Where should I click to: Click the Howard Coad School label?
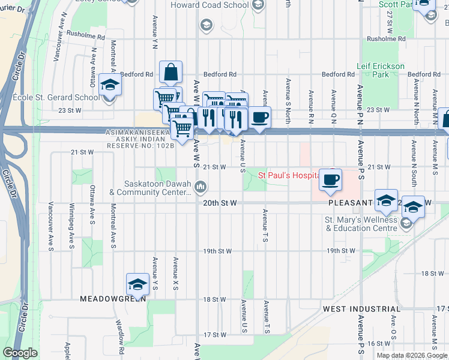point(209,5)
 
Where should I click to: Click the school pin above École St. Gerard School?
point(110,85)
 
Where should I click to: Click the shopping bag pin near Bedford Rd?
point(170,73)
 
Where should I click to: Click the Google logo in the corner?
point(20,353)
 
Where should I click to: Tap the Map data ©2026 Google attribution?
point(412,355)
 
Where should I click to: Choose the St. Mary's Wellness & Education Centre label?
point(362,224)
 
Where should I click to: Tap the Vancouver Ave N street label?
point(58,37)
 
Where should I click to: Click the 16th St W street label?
point(378,343)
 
